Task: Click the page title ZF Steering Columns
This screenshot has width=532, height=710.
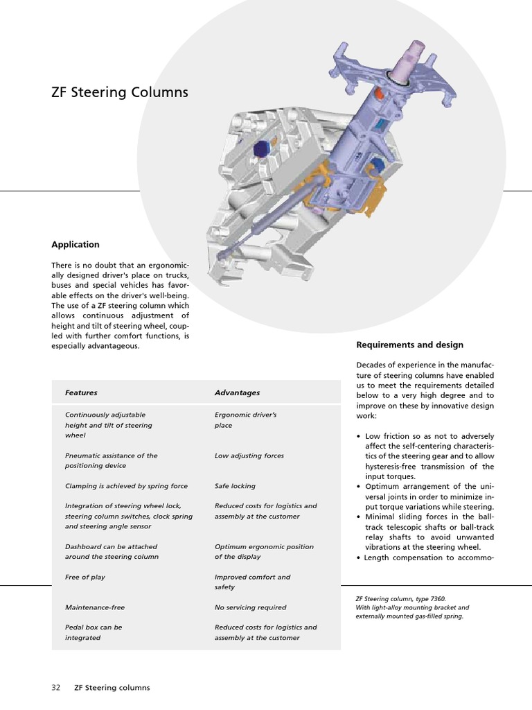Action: click(119, 92)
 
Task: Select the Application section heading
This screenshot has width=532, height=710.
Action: click(75, 245)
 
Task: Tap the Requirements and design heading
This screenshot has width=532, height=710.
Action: click(409, 345)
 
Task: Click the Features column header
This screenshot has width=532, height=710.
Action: click(81, 392)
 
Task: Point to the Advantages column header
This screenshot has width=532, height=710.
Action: click(237, 392)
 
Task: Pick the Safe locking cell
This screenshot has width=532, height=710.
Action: click(235, 486)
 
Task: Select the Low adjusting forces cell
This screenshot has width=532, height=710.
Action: click(249, 456)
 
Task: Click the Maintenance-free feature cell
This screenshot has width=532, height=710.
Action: click(95, 607)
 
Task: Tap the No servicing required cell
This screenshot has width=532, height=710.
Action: click(250, 607)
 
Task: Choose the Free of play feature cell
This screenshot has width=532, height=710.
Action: click(85, 577)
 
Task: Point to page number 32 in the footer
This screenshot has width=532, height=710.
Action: click(55, 688)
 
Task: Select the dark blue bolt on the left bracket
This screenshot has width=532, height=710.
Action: click(262, 148)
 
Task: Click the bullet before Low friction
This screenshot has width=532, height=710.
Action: click(358, 437)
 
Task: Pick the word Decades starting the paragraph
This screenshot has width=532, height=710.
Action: click(371, 365)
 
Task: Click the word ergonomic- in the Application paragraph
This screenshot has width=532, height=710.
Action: click(170, 265)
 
